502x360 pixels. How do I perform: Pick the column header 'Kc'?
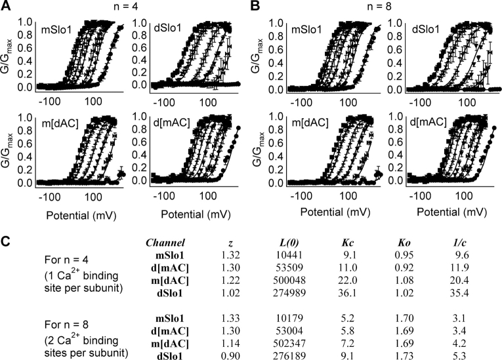(x=346, y=243)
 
